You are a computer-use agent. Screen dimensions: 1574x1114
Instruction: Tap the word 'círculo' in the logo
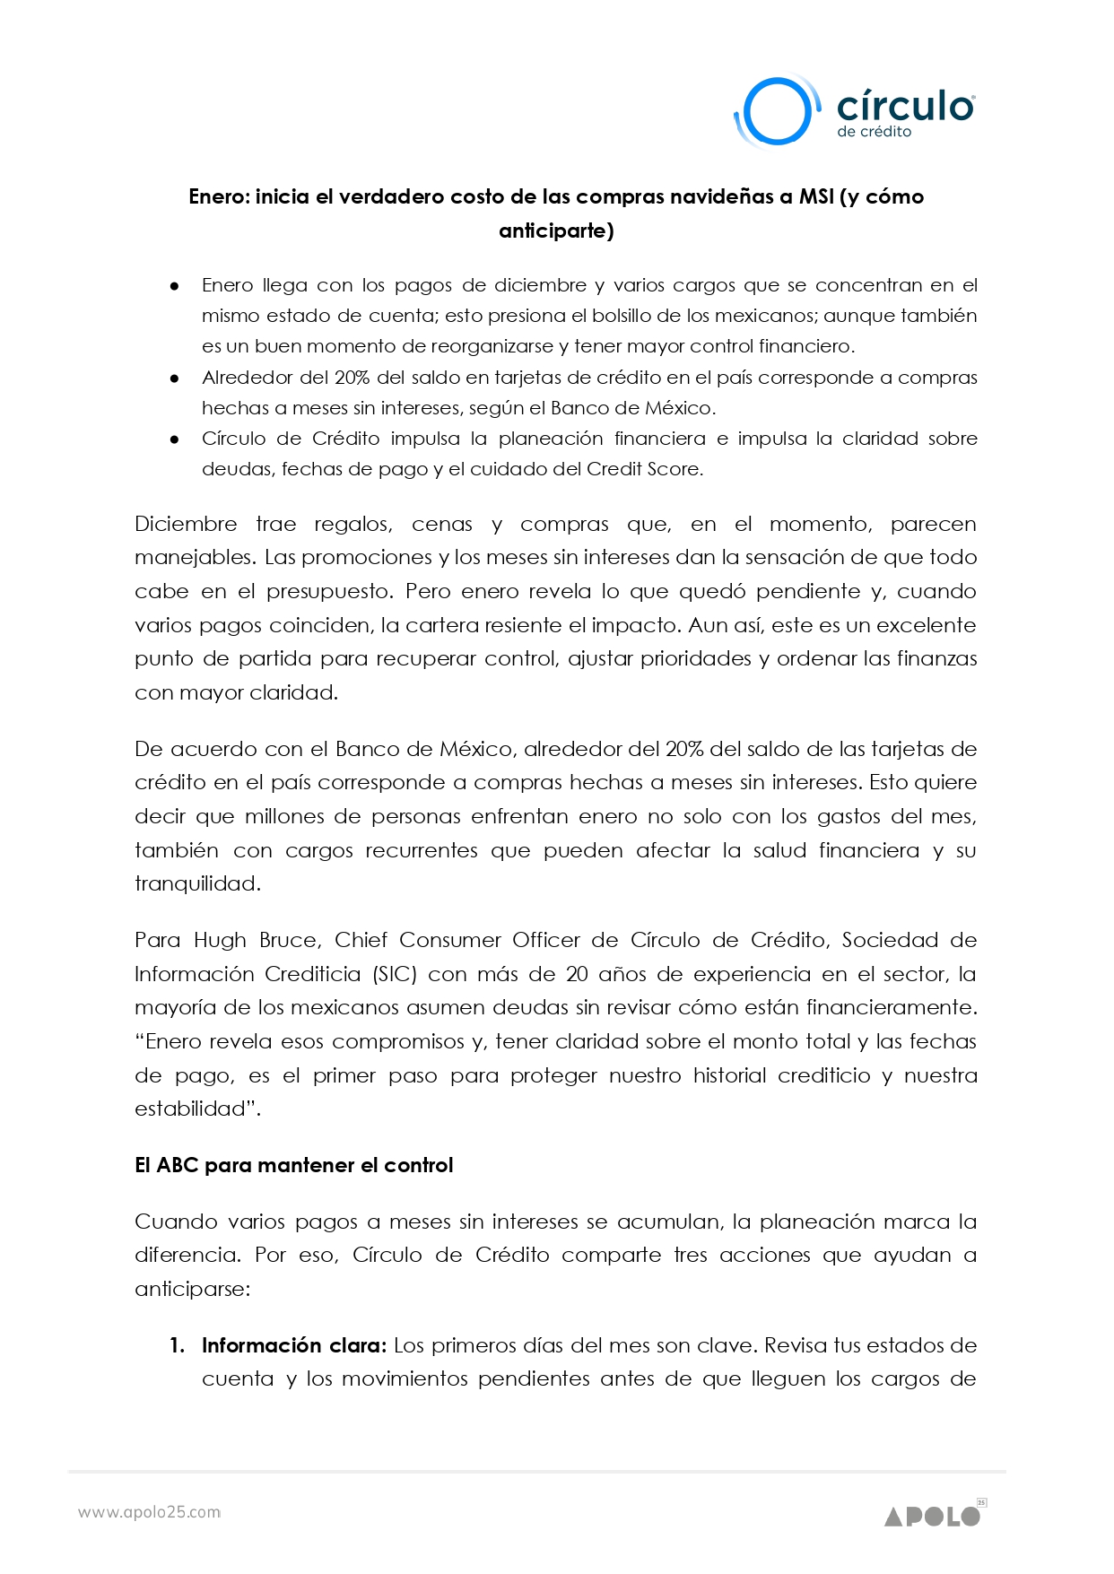[904, 106]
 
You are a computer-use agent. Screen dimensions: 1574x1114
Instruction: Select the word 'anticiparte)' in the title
[556, 230]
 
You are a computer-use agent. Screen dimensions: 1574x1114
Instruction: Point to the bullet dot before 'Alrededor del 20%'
[175, 378]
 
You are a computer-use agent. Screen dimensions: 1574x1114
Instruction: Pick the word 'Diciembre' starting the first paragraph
[186, 524]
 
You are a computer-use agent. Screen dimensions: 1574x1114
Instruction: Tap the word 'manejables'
[195, 557]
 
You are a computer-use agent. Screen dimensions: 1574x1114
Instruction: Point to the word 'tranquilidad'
[196, 883]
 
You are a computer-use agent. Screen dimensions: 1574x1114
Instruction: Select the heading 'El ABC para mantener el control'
[293, 1165]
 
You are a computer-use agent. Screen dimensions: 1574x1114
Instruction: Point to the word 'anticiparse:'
[192, 1289]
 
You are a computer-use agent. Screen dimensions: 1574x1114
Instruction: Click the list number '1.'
[178, 1345]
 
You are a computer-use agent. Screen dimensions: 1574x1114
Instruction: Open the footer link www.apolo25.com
[149, 1512]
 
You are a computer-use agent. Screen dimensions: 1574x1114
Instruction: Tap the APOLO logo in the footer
[934, 1516]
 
